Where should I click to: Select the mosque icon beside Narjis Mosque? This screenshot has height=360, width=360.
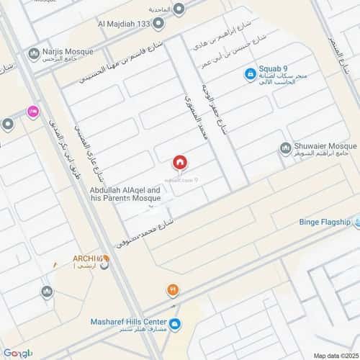point(33,53)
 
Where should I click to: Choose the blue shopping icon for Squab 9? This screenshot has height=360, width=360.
point(250,73)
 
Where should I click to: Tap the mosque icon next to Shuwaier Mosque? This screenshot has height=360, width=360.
point(286,148)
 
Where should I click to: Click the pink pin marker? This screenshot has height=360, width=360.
point(32,112)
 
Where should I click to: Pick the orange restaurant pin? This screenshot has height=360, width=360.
point(173,291)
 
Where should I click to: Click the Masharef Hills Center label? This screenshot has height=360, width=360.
point(130,322)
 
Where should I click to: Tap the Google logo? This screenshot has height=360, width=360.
point(17,353)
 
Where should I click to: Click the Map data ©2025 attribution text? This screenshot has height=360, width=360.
point(335,356)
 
